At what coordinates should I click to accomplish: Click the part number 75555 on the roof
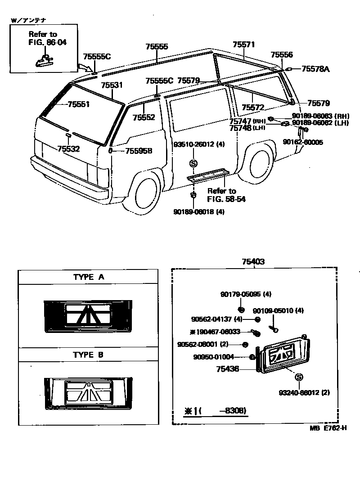pos(157,46)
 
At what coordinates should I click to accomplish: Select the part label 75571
pos(244,45)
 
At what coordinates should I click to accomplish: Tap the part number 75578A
pos(315,69)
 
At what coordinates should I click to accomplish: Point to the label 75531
pos(112,85)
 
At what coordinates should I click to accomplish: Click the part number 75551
pos(79,104)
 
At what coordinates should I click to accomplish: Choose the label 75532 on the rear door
pos(68,149)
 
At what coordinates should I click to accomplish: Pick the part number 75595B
pos(139,151)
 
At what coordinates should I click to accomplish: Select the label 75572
pos(252,108)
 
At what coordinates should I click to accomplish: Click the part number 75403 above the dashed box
pos(253,262)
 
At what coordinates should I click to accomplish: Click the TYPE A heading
pos(89,277)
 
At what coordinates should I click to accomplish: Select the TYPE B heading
pos(89,355)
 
